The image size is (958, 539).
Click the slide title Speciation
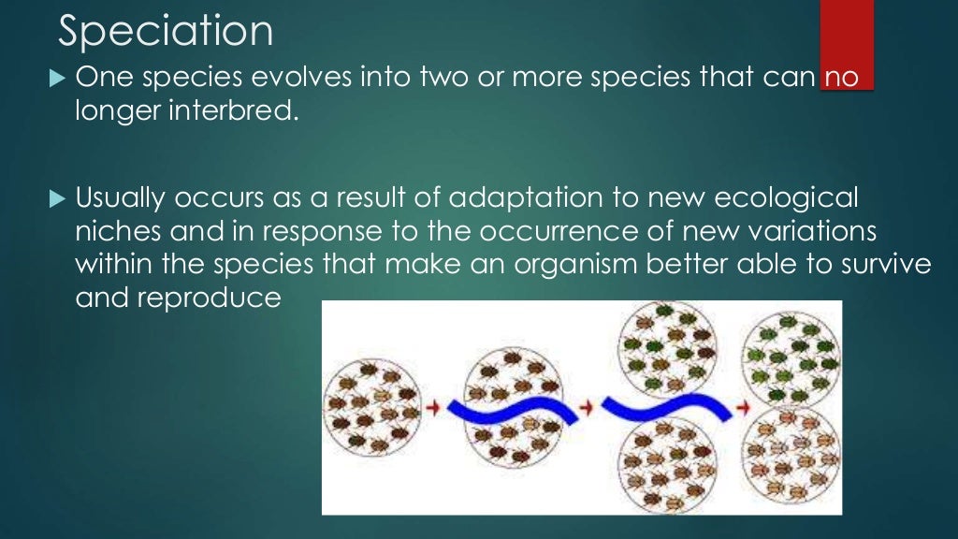166,31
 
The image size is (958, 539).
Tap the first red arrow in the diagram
432,409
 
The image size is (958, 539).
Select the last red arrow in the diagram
743,409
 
